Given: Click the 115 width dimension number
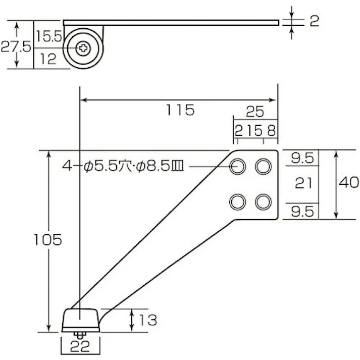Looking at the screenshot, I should click(180, 110).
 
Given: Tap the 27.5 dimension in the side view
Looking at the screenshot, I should click(16, 47).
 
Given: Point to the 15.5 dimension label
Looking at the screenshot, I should click(48, 36).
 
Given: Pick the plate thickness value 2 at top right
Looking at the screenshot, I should click(314, 21).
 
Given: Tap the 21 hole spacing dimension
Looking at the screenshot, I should click(303, 183).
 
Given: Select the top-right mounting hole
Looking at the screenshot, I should click(263, 166).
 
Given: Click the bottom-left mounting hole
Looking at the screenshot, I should click(237, 202).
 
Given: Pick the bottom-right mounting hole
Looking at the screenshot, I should click(263, 202).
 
